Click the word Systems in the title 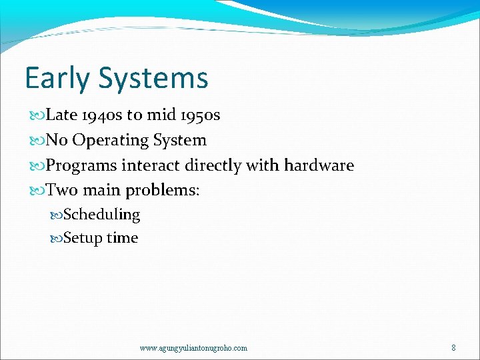153,79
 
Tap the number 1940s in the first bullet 103,115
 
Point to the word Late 63,115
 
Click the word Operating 111,141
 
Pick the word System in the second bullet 180,141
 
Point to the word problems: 163,191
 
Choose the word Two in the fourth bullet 62,191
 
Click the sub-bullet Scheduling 101,215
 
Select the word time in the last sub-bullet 122,238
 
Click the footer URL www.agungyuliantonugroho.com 193,348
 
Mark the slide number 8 453,348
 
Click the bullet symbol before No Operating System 39,141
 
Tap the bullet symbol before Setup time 57,239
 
